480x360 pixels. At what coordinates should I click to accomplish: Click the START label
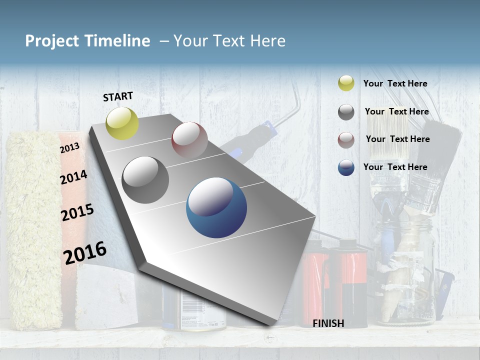[118, 96]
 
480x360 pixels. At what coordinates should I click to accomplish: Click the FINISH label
[328, 323]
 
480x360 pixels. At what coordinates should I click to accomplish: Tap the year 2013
[69, 147]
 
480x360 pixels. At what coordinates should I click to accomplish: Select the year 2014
[73, 177]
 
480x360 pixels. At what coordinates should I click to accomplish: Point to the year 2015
[77, 212]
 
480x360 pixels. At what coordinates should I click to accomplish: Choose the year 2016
[85, 252]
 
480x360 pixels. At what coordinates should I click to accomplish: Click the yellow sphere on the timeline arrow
[122, 123]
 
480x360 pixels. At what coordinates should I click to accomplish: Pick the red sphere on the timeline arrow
[189, 139]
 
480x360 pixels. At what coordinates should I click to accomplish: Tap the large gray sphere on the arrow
[145, 180]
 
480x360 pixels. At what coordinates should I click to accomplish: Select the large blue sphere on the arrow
[216, 207]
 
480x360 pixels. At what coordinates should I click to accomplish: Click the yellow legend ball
[346, 83]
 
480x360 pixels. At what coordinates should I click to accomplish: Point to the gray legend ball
[346, 112]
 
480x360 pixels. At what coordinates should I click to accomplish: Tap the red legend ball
[346, 140]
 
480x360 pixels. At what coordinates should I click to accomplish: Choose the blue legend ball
[346, 167]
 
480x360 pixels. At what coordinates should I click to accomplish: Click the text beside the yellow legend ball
[395, 83]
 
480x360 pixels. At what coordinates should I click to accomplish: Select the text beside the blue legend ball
[395, 167]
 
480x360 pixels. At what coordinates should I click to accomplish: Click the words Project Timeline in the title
[87, 41]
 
